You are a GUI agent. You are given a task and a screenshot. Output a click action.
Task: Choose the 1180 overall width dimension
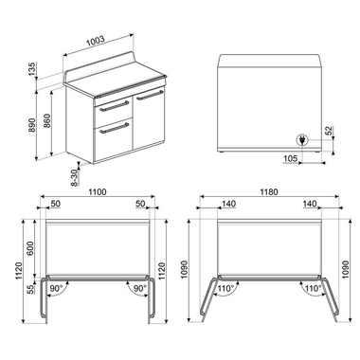pyautogui.click(x=270, y=192)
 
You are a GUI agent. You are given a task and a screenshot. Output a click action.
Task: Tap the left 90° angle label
pyautogui.click(x=56, y=288)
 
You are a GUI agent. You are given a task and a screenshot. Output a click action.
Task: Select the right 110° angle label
pyautogui.click(x=309, y=288)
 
